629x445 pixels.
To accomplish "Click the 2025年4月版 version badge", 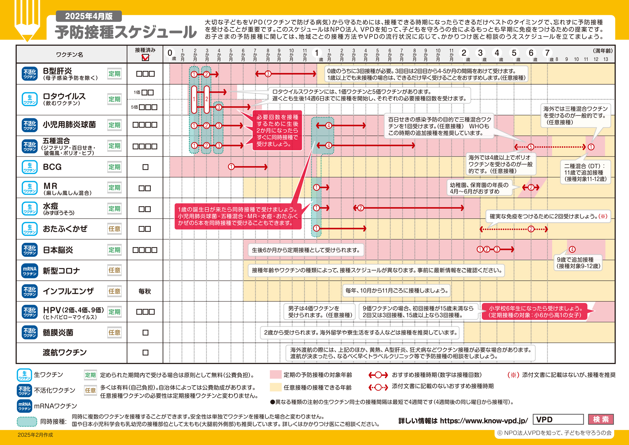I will pyautogui.click(x=89, y=16).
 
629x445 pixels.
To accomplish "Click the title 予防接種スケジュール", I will pyautogui.click(x=126, y=32).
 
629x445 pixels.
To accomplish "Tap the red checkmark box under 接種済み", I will pyautogui.click(x=145, y=58).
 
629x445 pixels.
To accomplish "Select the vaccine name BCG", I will pyautogui.click(x=52, y=167).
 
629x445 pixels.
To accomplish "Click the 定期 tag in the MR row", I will pyautogui.click(x=114, y=188).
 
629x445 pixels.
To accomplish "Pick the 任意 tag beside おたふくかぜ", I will pyautogui.click(x=114, y=229).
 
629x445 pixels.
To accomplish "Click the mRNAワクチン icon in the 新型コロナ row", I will pyautogui.click(x=30, y=271).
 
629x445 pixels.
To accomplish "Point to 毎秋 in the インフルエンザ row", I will pyautogui.click(x=145, y=291).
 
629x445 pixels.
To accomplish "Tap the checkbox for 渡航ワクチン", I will pyautogui.click(x=145, y=352).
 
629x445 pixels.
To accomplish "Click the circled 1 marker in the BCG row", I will pyautogui.click(x=231, y=167).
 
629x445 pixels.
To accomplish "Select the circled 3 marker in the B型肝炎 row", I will pyautogui.click(x=268, y=74).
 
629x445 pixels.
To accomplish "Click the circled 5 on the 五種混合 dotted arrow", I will pyautogui.click(x=531, y=147).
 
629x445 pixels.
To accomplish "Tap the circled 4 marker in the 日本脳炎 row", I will pyautogui.click(x=572, y=250).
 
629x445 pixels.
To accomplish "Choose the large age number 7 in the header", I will pyautogui.click(x=547, y=53).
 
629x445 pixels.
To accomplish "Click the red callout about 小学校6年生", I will pyautogui.click(x=535, y=312).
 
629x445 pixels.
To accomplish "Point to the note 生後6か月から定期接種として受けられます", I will pyautogui.click(x=306, y=250).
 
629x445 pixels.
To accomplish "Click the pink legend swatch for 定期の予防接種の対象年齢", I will pyautogui.click(x=276, y=375).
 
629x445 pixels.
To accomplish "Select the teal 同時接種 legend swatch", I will pyautogui.click(x=27, y=421).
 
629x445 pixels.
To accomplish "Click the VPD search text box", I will pyautogui.click(x=558, y=420).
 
